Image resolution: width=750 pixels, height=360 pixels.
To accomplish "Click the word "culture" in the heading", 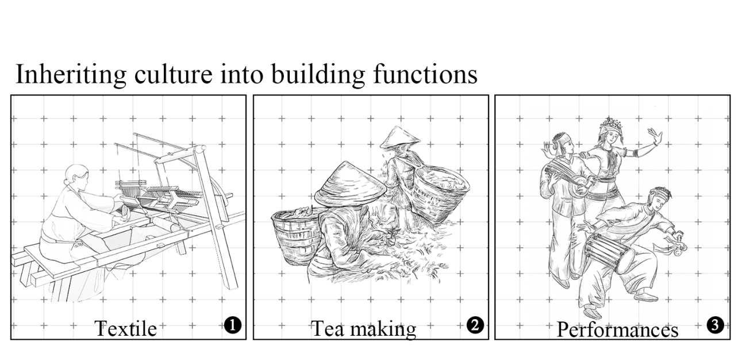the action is (174, 74).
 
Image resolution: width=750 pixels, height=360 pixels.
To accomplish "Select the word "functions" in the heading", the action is (425, 74).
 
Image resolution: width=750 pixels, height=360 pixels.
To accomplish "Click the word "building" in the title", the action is (318, 75).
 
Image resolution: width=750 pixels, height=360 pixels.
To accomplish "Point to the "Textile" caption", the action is (125, 328).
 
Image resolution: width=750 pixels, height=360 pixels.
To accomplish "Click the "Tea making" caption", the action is (364, 329).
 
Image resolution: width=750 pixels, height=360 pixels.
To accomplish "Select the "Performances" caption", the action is (617, 330).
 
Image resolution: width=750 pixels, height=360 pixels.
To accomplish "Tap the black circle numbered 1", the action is (233, 325).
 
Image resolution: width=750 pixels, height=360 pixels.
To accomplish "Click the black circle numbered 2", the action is (475, 325).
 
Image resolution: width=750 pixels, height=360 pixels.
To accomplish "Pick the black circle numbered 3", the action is (716, 325).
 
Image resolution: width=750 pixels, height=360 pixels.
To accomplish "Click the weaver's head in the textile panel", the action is (76, 176).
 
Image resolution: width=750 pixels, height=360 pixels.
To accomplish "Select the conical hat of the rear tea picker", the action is (399, 137).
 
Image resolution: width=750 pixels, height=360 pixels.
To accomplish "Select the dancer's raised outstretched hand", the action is (656, 136).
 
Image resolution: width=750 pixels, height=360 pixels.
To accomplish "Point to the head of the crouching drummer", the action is (659, 198).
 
